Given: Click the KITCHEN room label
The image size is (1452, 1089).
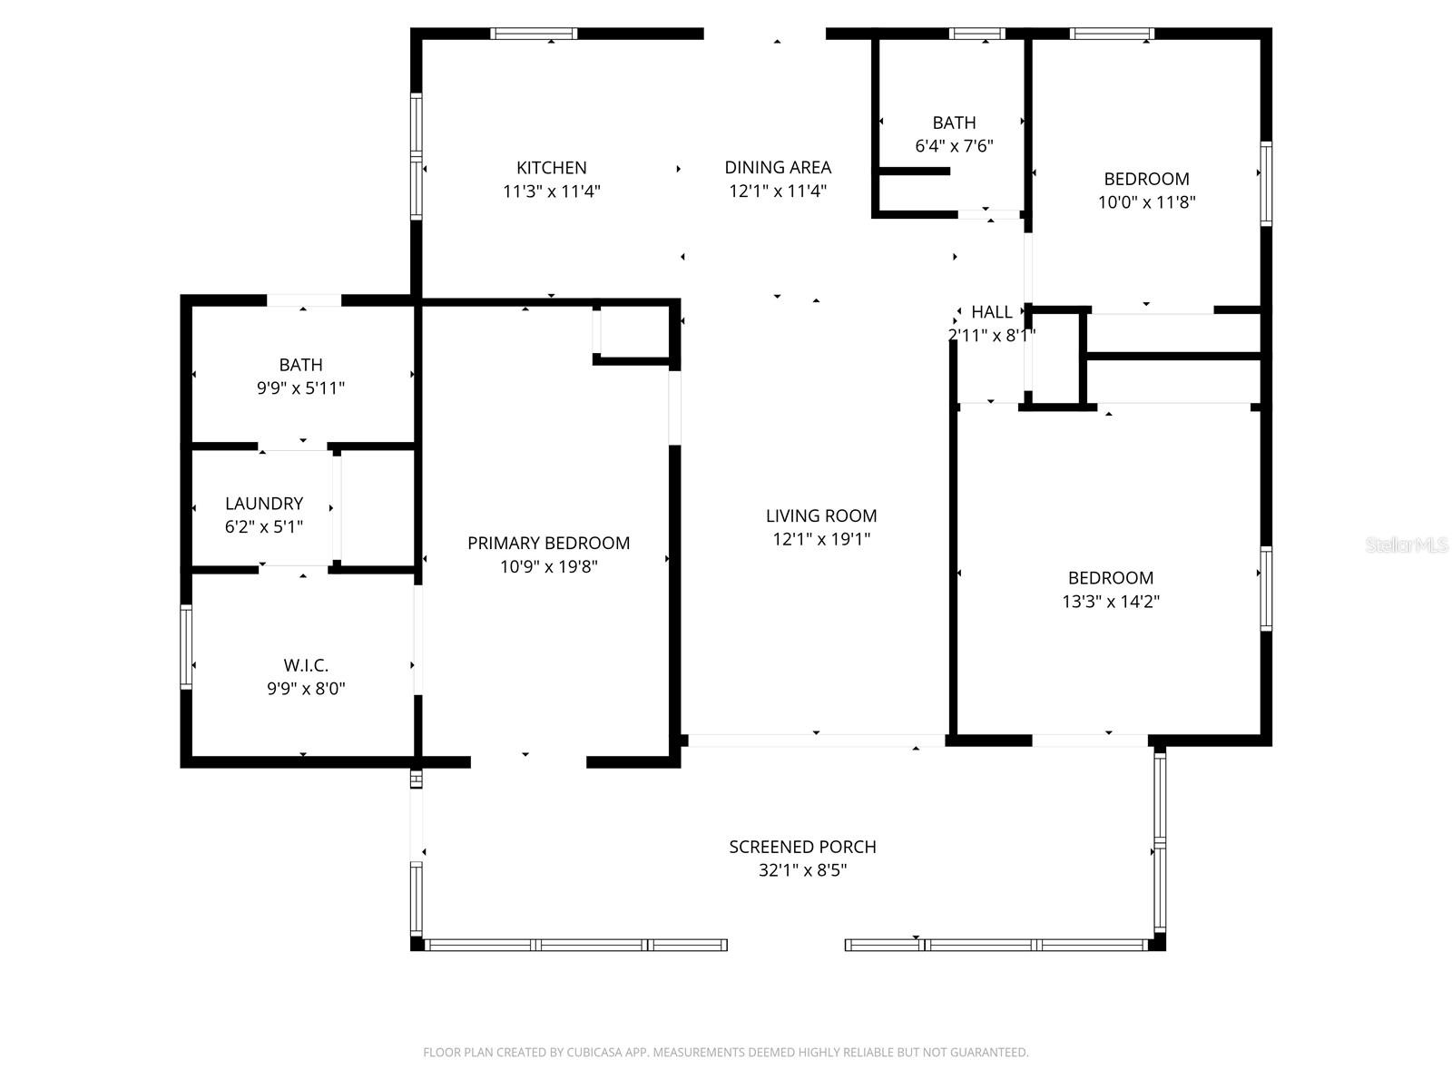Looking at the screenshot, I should click(552, 168).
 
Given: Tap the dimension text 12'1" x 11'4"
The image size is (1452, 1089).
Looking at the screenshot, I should click(778, 191).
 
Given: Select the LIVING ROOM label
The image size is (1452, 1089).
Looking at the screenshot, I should click(821, 515).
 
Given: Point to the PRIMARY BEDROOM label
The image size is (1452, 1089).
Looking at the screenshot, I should click(548, 543).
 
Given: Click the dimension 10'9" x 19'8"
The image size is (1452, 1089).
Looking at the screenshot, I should click(548, 567).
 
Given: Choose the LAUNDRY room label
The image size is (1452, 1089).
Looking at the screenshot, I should click(264, 504).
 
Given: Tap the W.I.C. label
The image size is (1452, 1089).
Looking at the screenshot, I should click(306, 665).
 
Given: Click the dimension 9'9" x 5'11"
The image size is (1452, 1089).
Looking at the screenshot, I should click(300, 388).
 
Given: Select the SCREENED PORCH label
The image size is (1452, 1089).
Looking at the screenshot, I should click(802, 847).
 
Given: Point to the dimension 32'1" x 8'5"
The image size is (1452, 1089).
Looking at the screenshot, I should click(802, 870).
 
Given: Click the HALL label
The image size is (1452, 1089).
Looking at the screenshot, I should click(991, 312).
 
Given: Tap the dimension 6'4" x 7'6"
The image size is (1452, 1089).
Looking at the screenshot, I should click(954, 146).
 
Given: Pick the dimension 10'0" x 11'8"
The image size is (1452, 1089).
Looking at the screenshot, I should click(1146, 202).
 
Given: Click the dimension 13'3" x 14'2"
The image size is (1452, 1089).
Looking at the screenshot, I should click(1111, 601).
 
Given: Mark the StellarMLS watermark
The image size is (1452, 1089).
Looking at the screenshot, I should click(1407, 544).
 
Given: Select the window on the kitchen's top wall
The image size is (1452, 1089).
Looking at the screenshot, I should click(534, 34).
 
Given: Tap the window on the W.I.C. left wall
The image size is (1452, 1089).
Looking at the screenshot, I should click(186, 647).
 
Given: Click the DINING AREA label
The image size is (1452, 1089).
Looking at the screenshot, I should click(778, 167).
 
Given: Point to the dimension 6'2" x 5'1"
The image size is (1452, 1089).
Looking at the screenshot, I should click(264, 527).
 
